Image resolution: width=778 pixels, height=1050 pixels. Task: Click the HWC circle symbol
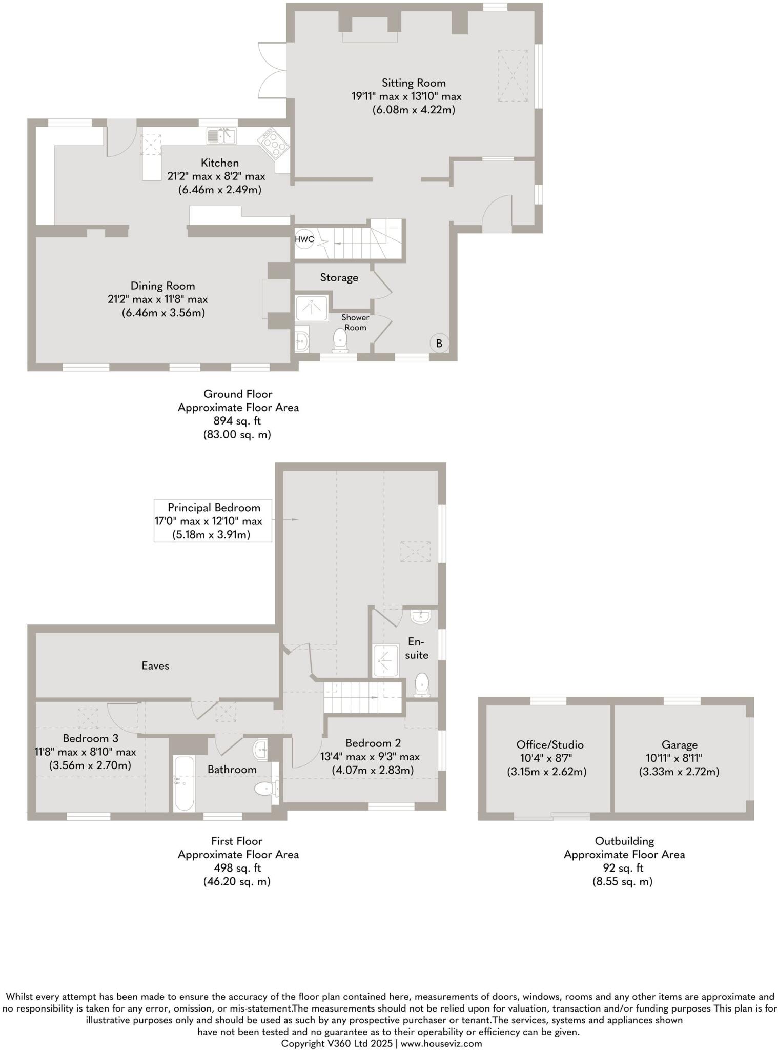click(x=304, y=238)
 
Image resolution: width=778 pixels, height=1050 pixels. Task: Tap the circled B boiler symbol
click(x=439, y=344)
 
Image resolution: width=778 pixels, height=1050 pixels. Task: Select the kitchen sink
click(x=221, y=136)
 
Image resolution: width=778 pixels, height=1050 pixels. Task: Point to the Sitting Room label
click(x=413, y=83)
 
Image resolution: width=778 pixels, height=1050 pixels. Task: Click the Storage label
click(x=339, y=278)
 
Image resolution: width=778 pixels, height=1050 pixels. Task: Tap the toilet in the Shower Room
click(x=340, y=340)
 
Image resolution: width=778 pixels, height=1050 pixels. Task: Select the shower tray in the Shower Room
click(x=312, y=308)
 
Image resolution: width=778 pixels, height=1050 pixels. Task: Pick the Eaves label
click(x=155, y=665)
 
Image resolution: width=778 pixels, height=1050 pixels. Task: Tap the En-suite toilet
click(x=421, y=685)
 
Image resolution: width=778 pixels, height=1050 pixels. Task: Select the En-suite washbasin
click(x=421, y=615)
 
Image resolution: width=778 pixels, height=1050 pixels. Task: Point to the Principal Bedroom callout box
click(x=213, y=521)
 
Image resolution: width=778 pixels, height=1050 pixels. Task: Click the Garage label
click(x=679, y=745)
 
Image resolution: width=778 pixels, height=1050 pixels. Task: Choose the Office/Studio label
click(x=549, y=745)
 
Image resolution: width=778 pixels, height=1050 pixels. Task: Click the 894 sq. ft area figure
click(x=237, y=421)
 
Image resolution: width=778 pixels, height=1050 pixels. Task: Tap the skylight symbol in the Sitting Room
click(x=513, y=76)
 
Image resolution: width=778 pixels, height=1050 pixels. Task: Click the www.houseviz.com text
click(x=441, y=1043)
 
